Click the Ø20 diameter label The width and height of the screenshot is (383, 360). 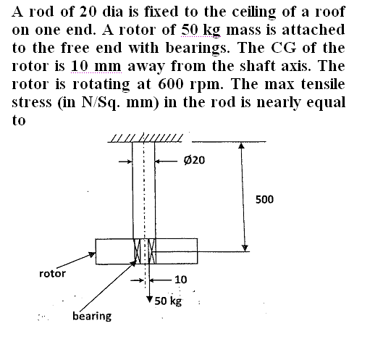pyautogui.click(x=194, y=160)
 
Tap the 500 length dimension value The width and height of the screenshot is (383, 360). pyautogui.click(x=264, y=199)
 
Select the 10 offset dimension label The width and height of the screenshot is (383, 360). pyautogui.click(x=181, y=280)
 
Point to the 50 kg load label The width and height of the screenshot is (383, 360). pyautogui.click(x=168, y=301)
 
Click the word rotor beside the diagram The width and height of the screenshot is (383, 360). pyautogui.click(x=53, y=274)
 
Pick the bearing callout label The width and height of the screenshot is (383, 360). pyautogui.click(x=92, y=316)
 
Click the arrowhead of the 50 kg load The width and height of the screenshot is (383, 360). pyautogui.click(x=149, y=299)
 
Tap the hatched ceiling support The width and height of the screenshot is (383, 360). pyautogui.click(x=146, y=138)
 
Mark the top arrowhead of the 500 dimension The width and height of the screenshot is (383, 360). pyautogui.click(x=241, y=146)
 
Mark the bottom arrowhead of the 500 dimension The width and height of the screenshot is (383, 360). pyautogui.click(x=245, y=248)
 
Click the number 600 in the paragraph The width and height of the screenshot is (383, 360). pyautogui.click(x=170, y=84)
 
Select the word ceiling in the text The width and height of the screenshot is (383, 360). pyautogui.click(x=254, y=12)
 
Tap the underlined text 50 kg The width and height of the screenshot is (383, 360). pyautogui.click(x=201, y=30)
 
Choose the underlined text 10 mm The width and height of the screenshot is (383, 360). pyautogui.click(x=96, y=66)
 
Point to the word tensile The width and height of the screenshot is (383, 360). pyautogui.click(x=323, y=84)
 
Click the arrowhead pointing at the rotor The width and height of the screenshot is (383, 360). pyautogui.click(x=92, y=255)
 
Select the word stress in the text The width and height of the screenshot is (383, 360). pyautogui.click(x=32, y=103)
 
